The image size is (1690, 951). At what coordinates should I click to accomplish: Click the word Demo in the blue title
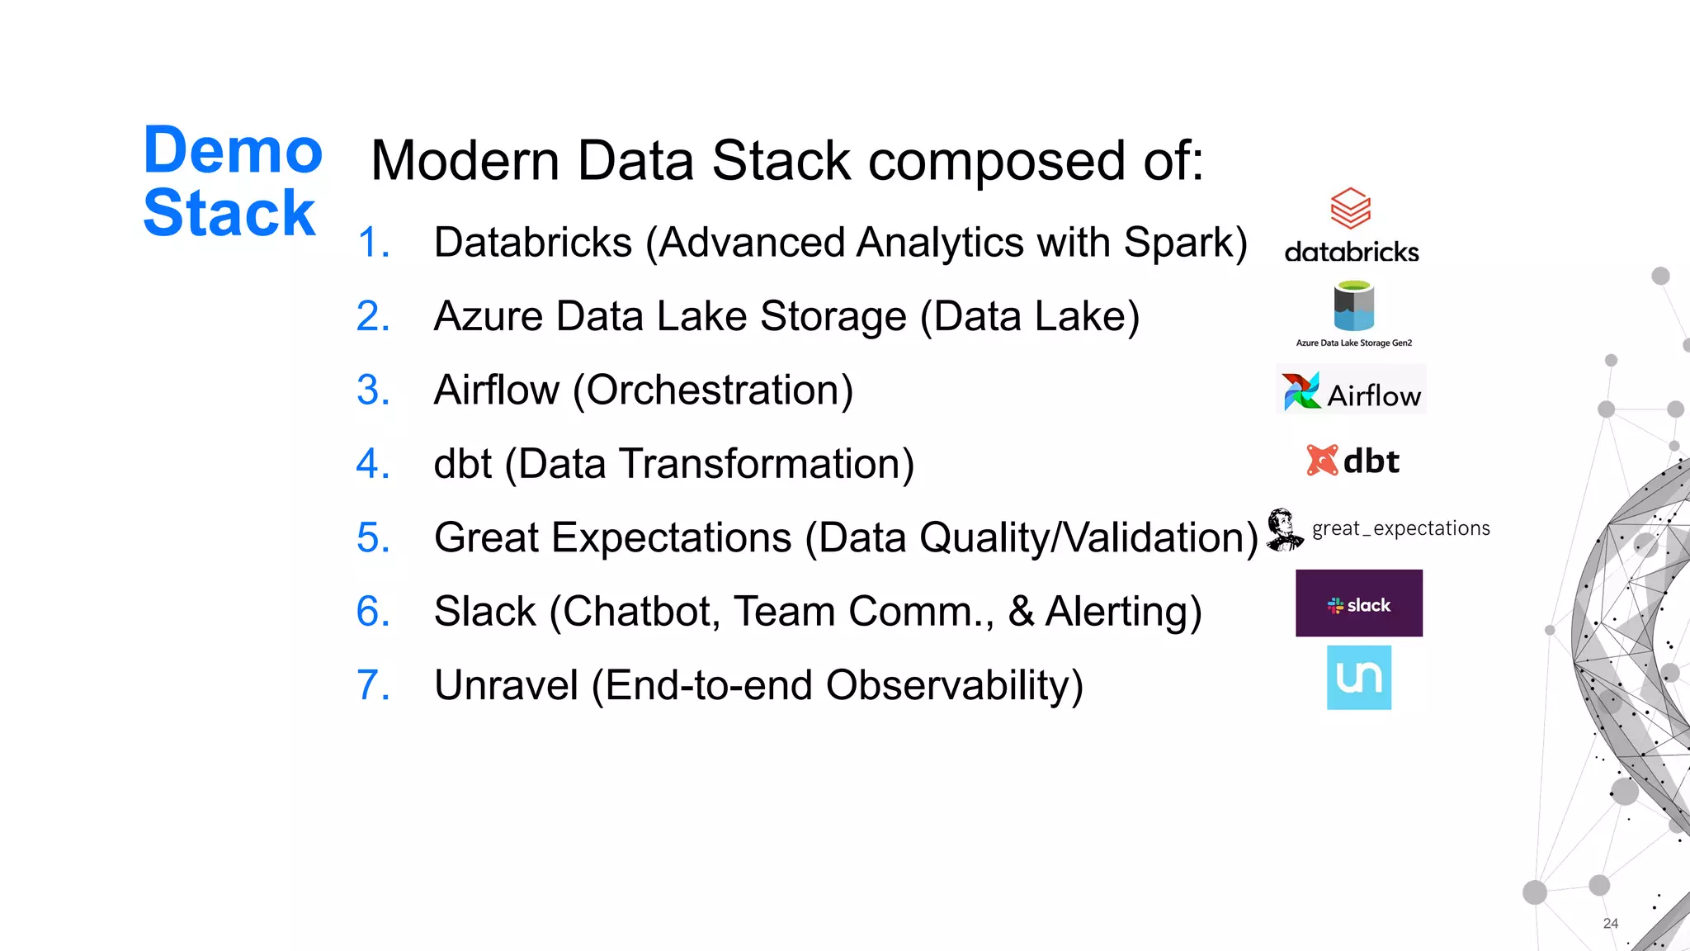(233, 151)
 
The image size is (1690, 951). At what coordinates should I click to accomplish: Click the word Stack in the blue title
(229, 214)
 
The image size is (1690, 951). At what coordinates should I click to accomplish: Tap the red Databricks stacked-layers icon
(1351, 208)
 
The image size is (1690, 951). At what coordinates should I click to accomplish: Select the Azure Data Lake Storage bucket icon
(1354, 306)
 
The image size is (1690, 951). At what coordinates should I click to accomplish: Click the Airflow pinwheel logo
(1301, 391)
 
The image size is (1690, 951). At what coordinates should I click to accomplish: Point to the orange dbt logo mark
(1322, 461)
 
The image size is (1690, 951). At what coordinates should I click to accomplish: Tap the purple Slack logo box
(1358, 603)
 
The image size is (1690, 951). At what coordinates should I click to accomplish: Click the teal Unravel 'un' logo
(1358, 678)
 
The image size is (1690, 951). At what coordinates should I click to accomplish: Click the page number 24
(1610, 924)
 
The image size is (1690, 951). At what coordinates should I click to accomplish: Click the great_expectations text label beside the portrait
(1400, 528)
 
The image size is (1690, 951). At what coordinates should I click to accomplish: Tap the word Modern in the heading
(465, 161)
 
